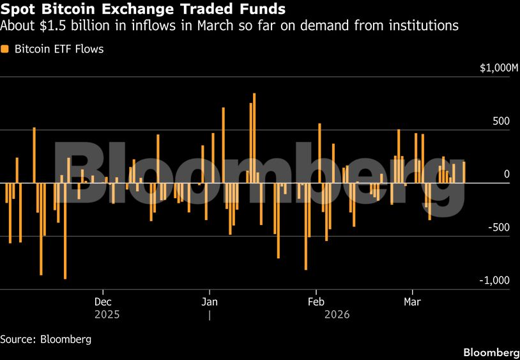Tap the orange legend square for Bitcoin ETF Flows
click(x=5, y=49)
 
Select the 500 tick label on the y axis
click(x=501, y=121)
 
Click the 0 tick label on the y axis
click(x=507, y=174)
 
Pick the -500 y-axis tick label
click(x=498, y=227)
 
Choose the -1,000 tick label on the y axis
click(x=495, y=280)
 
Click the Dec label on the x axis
click(x=103, y=301)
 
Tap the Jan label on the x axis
click(x=210, y=301)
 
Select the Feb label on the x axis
click(x=316, y=301)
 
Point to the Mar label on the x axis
click(x=413, y=301)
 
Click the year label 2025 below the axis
click(x=107, y=315)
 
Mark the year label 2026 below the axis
click(x=337, y=315)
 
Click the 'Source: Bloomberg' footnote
click(x=45, y=339)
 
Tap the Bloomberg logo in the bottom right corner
click(x=491, y=352)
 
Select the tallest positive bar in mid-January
click(x=254, y=137)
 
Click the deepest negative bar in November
click(x=65, y=231)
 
